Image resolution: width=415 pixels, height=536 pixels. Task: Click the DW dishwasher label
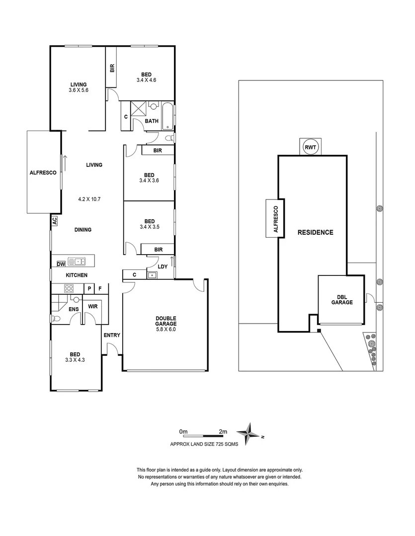[61, 263]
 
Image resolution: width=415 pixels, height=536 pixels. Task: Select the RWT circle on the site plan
[311, 147]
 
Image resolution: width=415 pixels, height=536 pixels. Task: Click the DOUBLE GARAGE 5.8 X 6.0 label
[166, 324]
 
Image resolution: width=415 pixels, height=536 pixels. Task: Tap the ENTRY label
[112, 335]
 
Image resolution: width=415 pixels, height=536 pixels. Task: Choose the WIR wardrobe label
[92, 306]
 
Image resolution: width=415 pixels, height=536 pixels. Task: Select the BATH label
[152, 121]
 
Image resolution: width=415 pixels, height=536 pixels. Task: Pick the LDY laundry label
[163, 267]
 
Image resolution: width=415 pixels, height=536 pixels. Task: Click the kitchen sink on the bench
[77, 261]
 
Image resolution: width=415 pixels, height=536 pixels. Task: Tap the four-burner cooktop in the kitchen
[68, 288]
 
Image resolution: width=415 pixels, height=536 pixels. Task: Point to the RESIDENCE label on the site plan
[315, 232]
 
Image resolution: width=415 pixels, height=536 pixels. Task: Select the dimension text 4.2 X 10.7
[90, 199]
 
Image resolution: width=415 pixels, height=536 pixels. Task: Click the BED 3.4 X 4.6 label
[146, 77]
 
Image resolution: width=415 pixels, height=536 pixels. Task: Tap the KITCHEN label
[77, 275]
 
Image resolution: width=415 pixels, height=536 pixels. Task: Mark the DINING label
[83, 230]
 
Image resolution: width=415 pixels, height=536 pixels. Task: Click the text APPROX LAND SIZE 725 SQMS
[204, 445]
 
